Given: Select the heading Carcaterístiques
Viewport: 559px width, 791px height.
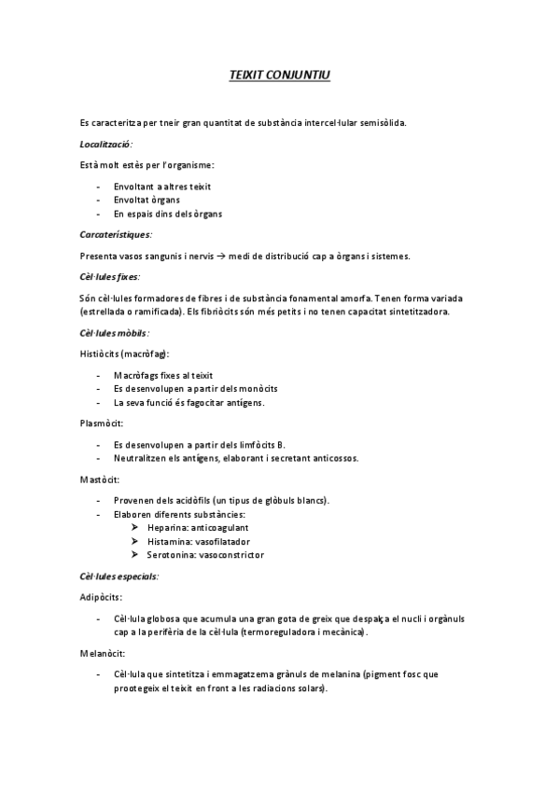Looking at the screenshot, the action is (x=116, y=234).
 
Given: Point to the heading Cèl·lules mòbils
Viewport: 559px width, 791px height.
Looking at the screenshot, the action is (x=115, y=332).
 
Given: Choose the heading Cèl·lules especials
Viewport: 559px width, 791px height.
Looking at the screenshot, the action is (x=119, y=576).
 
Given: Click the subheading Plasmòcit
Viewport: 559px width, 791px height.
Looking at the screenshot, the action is (x=102, y=423).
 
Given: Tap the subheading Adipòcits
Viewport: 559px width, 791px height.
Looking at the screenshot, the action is (x=101, y=597).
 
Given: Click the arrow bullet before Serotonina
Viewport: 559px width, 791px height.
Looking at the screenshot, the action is (x=136, y=555).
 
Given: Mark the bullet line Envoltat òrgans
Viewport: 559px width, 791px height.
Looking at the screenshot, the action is (x=147, y=200).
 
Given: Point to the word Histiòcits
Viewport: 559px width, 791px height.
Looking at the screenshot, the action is (x=100, y=354).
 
